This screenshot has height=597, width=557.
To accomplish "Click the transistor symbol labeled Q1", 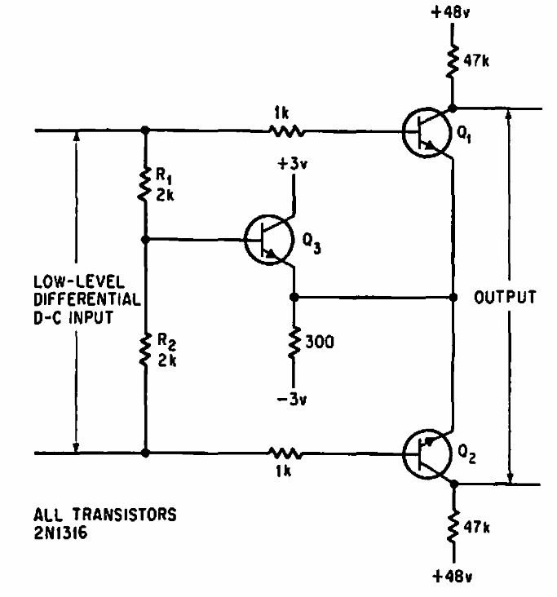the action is coord(427,132).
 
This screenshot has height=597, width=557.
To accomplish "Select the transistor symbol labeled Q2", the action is coord(427,454).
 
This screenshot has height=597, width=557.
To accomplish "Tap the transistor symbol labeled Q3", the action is coord(269,240).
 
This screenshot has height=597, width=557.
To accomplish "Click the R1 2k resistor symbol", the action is coord(144,185).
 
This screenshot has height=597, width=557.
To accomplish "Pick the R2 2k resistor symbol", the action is coord(144,350).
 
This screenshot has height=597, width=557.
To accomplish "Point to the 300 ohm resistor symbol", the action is coord(294,342).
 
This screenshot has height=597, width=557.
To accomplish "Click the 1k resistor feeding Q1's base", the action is coord(286,132).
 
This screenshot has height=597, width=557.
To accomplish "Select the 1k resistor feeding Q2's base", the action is coord(285,453).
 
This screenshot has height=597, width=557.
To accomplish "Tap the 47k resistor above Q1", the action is coord(452,61).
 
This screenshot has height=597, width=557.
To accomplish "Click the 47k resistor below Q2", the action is coord(453,527).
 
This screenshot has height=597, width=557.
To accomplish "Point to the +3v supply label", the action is coord(293,164).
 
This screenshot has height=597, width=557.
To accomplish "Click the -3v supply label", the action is coord(292,400).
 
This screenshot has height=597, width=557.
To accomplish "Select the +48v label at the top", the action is coord(450,12).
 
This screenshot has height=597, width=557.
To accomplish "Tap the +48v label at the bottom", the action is coord(453,577).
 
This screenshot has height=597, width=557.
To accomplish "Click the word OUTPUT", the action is coord(505,297).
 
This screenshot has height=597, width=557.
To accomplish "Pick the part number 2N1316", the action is coord(60,533).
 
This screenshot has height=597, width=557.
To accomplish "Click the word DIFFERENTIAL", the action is coord(87,299).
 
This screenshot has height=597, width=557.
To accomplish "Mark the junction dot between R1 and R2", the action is coord(145,240).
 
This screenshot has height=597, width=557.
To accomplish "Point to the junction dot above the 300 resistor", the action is coord(294,297).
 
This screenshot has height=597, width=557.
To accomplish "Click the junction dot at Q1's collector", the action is coord(453,108).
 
